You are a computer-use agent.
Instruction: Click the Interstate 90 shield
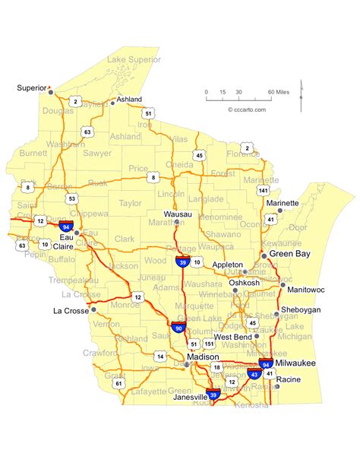(179, 328)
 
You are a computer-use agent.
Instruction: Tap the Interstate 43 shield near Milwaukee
(253, 374)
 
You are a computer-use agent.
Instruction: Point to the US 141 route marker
(264, 189)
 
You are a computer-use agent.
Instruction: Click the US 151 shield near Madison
(207, 343)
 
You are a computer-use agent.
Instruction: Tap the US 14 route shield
(159, 355)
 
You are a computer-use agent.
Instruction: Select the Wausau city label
(177, 214)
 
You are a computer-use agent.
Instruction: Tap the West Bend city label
(232, 337)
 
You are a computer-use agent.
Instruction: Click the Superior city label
(31, 88)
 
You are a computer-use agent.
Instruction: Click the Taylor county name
(130, 204)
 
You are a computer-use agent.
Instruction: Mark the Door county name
(298, 227)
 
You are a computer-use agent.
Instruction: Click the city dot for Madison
(188, 365)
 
